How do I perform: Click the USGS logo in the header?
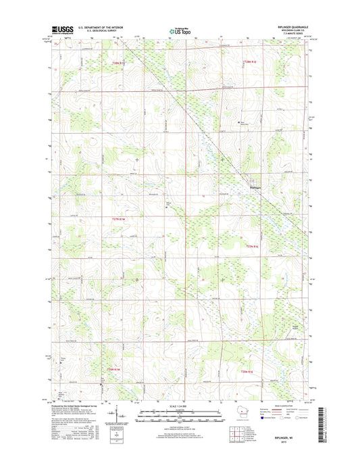pos(63,30)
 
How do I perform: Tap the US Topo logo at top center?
pos(180,30)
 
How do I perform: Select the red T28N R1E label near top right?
pos(251,62)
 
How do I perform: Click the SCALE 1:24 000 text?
pos(180,406)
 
